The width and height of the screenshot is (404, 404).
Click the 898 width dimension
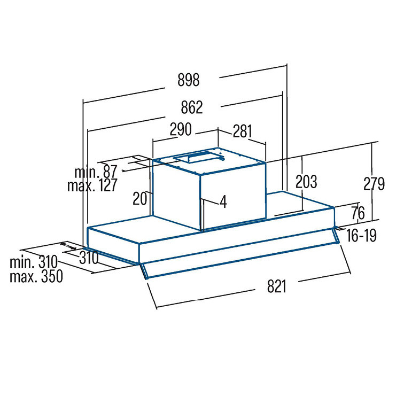188,80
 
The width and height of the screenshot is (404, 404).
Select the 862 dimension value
192,107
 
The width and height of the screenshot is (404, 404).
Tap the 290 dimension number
181,129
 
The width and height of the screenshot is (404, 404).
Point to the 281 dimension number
243,131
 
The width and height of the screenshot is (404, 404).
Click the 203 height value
306,182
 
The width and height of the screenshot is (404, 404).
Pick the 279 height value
374,184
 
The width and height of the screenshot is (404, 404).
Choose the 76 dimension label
358,213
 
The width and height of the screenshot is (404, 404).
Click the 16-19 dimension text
361,235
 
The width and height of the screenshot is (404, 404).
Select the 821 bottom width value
277,286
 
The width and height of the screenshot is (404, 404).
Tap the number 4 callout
223,201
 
